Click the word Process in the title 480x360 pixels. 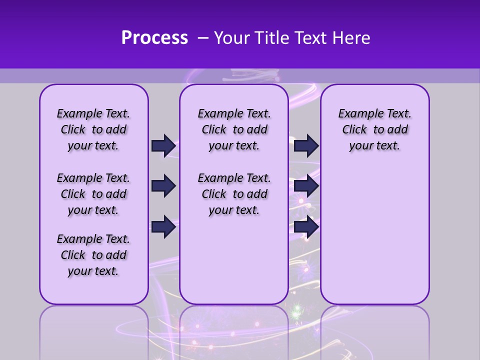tap(154, 37)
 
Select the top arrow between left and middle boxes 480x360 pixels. tap(163, 145)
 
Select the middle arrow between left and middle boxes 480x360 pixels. tap(163, 186)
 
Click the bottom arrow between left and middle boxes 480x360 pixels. tap(163, 226)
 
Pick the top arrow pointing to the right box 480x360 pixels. tap(306, 145)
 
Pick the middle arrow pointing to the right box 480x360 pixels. tap(306, 186)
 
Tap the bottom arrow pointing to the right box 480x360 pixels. tap(306, 226)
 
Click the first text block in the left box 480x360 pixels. tap(93, 129)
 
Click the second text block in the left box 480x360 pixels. tap(93, 194)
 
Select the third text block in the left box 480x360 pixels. tap(93, 255)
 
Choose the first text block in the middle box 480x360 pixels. tap(234, 129)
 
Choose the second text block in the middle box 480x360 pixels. tap(234, 194)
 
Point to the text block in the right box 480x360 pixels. tap(374, 129)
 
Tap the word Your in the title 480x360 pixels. tap(232, 38)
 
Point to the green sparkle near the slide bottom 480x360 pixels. tap(296, 313)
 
